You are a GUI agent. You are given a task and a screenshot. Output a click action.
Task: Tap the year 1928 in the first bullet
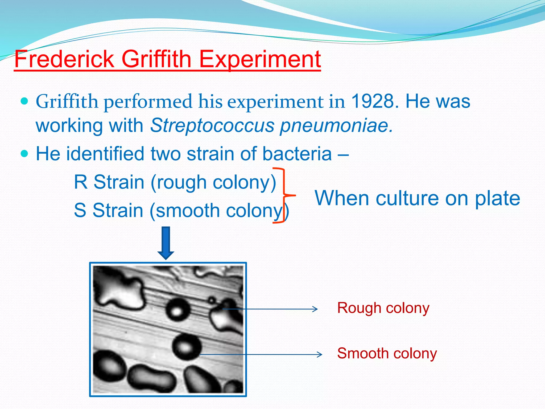pos(372,101)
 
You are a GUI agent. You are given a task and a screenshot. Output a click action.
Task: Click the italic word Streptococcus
pos(212,126)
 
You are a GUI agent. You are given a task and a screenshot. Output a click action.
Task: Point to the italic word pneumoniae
pos(336,126)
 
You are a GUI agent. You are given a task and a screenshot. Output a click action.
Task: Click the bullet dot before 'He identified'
pos(24,154)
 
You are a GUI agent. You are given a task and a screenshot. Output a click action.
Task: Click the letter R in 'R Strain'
pos(80,182)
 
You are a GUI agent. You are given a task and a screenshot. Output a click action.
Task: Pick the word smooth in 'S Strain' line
pos(187,211)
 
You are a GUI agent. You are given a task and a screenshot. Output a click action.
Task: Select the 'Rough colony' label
pos(383,308)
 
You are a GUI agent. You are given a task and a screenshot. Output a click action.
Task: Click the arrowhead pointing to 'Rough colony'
pos(315,309)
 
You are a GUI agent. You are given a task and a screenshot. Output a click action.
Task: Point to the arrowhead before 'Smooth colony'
pos(320,354)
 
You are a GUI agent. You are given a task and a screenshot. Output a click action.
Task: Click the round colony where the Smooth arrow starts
pos(186,346)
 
